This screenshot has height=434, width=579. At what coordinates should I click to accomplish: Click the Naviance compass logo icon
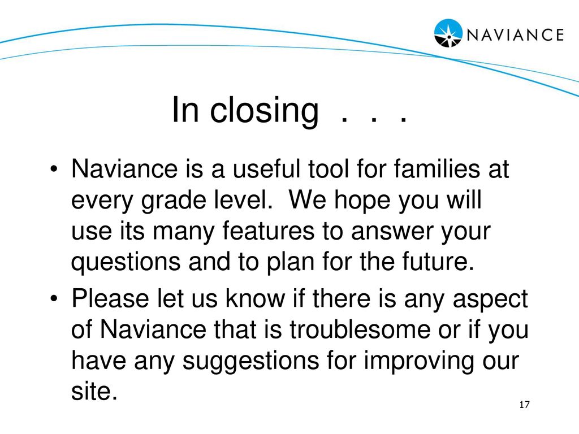pyautogui.click(x=448, y=33)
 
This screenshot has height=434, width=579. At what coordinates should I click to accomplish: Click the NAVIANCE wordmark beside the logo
pyautogui.click(x=515, y=34)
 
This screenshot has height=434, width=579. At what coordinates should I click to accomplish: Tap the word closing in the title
pyautogui.click(x=264, y=111)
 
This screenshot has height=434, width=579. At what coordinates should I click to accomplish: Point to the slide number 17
pyautogui.click(x=524, y=405)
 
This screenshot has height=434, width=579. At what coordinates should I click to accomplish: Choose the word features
pyautogui.click(x=269, y=231)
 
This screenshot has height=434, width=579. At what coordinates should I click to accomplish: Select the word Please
pyautogui.click(x=110, y=298)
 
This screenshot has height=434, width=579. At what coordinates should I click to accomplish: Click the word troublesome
pyautogui.click(x=360, y=329)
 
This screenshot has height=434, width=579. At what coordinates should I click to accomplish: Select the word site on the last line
pyautogui.click(x=94, y=391)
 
